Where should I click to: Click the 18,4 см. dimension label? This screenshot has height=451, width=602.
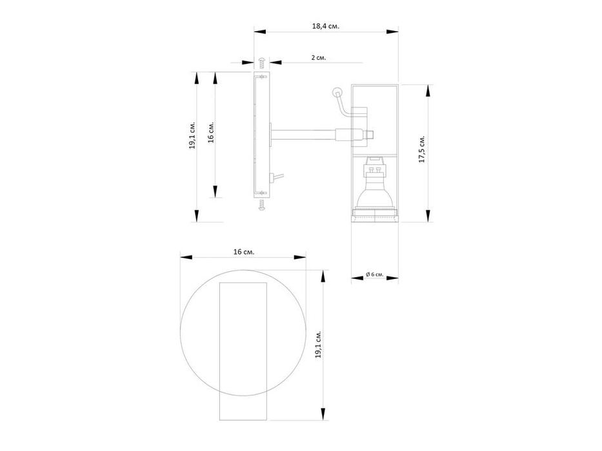click(326, 26)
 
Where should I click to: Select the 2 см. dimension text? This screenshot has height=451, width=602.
click(318, 57)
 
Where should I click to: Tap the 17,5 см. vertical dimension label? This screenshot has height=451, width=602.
click(422, 149)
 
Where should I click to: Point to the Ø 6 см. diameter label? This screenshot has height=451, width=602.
click(374, 274)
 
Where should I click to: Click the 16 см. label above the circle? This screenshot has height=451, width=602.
click(244, 251)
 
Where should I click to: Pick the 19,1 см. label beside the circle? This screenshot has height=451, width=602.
click(318, 345)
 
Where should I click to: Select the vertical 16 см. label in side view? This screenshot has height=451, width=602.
click(211, 132)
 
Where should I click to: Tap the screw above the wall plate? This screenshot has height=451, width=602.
click(262, 63)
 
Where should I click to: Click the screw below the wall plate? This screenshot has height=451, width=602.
click(262, 205)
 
